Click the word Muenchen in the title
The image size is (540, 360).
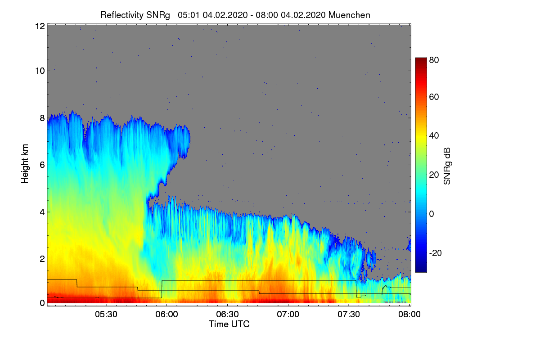point(349,15)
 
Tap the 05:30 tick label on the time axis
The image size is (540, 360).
point(106,315)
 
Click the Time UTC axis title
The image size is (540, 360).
point(229,324)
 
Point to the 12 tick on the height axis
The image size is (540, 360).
point(40,26)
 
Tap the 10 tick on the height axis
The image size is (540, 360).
point(40,71)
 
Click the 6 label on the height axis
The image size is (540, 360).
point(42,165)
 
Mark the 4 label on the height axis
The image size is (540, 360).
point(42,211)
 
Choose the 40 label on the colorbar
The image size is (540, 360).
point(434,136)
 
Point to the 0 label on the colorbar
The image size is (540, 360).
point(432,214)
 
